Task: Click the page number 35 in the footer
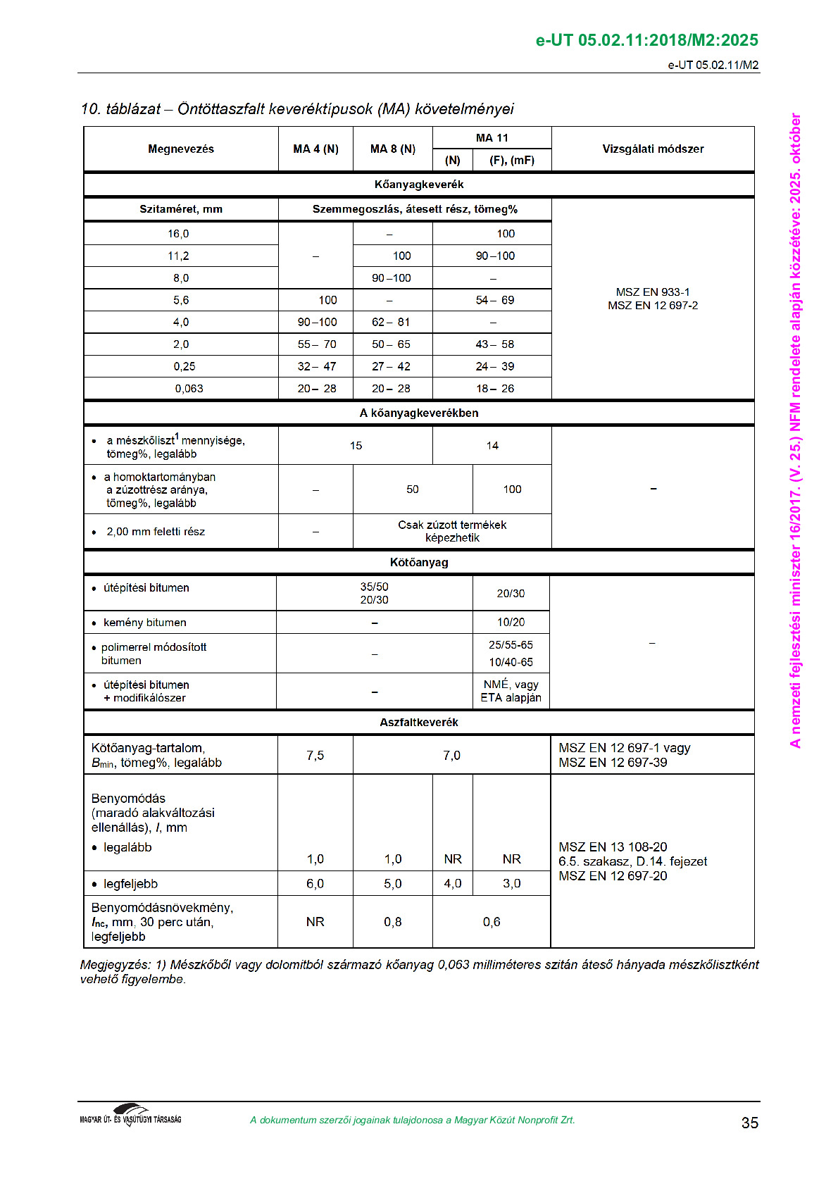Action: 749,1123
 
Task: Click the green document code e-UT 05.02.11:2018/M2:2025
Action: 646,40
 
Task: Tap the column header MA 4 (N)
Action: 315,149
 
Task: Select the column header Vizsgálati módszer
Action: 653,149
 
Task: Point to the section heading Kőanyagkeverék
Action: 419,185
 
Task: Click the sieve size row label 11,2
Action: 178,256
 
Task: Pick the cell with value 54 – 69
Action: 495,300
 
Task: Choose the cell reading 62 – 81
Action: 391,323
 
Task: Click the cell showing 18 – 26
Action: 495,389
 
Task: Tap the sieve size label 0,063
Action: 189,389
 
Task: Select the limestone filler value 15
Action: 356,446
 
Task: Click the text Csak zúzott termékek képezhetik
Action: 452,532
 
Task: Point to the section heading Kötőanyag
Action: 419,563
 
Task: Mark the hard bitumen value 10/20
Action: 511,623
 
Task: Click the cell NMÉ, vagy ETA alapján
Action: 511,691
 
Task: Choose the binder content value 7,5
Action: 315,756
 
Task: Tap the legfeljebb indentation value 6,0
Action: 315,884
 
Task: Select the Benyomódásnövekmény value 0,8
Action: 392,922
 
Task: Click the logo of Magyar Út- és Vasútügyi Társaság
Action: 131,1116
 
